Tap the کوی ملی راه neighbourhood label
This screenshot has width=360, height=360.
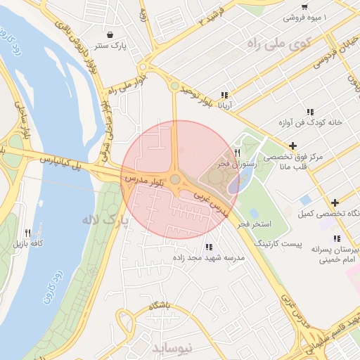279,44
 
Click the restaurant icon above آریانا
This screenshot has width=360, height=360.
224,96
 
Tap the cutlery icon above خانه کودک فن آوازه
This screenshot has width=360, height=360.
309,112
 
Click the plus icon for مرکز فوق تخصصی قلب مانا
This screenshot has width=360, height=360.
294,145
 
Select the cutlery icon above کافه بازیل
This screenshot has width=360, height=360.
27,233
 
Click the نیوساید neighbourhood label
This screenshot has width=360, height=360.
171,347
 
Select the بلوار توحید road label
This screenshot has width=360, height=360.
194,98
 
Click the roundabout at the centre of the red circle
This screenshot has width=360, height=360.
174,179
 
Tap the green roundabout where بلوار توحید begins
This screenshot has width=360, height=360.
174,86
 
